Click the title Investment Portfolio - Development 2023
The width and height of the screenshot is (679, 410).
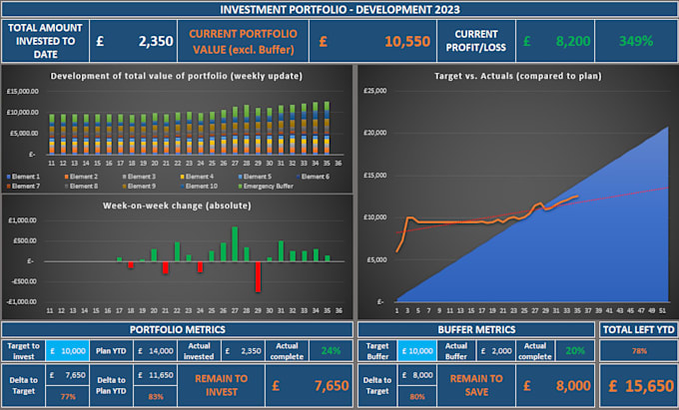pyautogui.click(x=339, y=9)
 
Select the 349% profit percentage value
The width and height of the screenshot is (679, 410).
pyautogui.click(x=635, y=42)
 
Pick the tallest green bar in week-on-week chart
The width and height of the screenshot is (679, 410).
pyautogui.click(x=235, y=243)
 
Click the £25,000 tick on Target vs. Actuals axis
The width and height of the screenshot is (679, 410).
pyautogui.click(x=374, y=91)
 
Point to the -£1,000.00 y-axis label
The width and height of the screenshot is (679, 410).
pyautogui.click(x=22, y=301)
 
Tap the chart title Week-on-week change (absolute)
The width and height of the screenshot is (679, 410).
pyautogui.click(x=175, y=205)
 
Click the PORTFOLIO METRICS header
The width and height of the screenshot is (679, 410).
pyautogui.click(x=177, y=329)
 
